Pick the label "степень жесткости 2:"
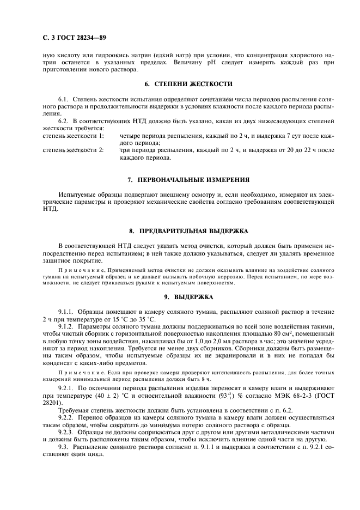click(x=73, y=149)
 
